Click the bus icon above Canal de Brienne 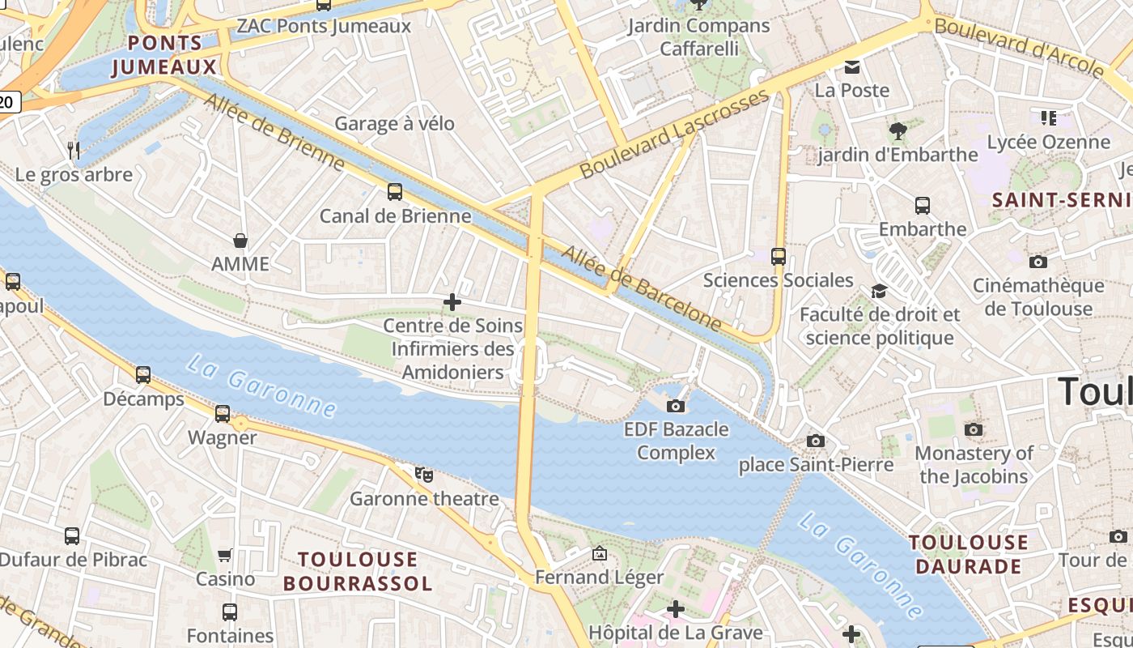pos(395,192)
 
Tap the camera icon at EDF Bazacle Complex pos(676,406)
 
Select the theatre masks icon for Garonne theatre pos(422,474)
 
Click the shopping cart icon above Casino pos(225,556)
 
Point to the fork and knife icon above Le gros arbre pos(74,149)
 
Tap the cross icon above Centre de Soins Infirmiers pos(452,302)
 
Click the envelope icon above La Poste pos(852,66)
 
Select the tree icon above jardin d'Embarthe pos(897,130)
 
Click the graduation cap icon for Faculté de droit pos(879,291)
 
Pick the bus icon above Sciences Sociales pos(779,257)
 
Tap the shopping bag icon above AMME pos(240,241)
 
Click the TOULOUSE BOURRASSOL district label pos(357,571)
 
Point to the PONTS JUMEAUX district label pos(164,55)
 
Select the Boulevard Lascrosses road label pos(674,134)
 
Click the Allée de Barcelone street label pos(641,289)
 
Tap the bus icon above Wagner pos(223,414)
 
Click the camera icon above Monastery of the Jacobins pos(974,429)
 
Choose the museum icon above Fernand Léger pos(600,554)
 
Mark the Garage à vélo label pos(394,124)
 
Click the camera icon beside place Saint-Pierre pos(816,441)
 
